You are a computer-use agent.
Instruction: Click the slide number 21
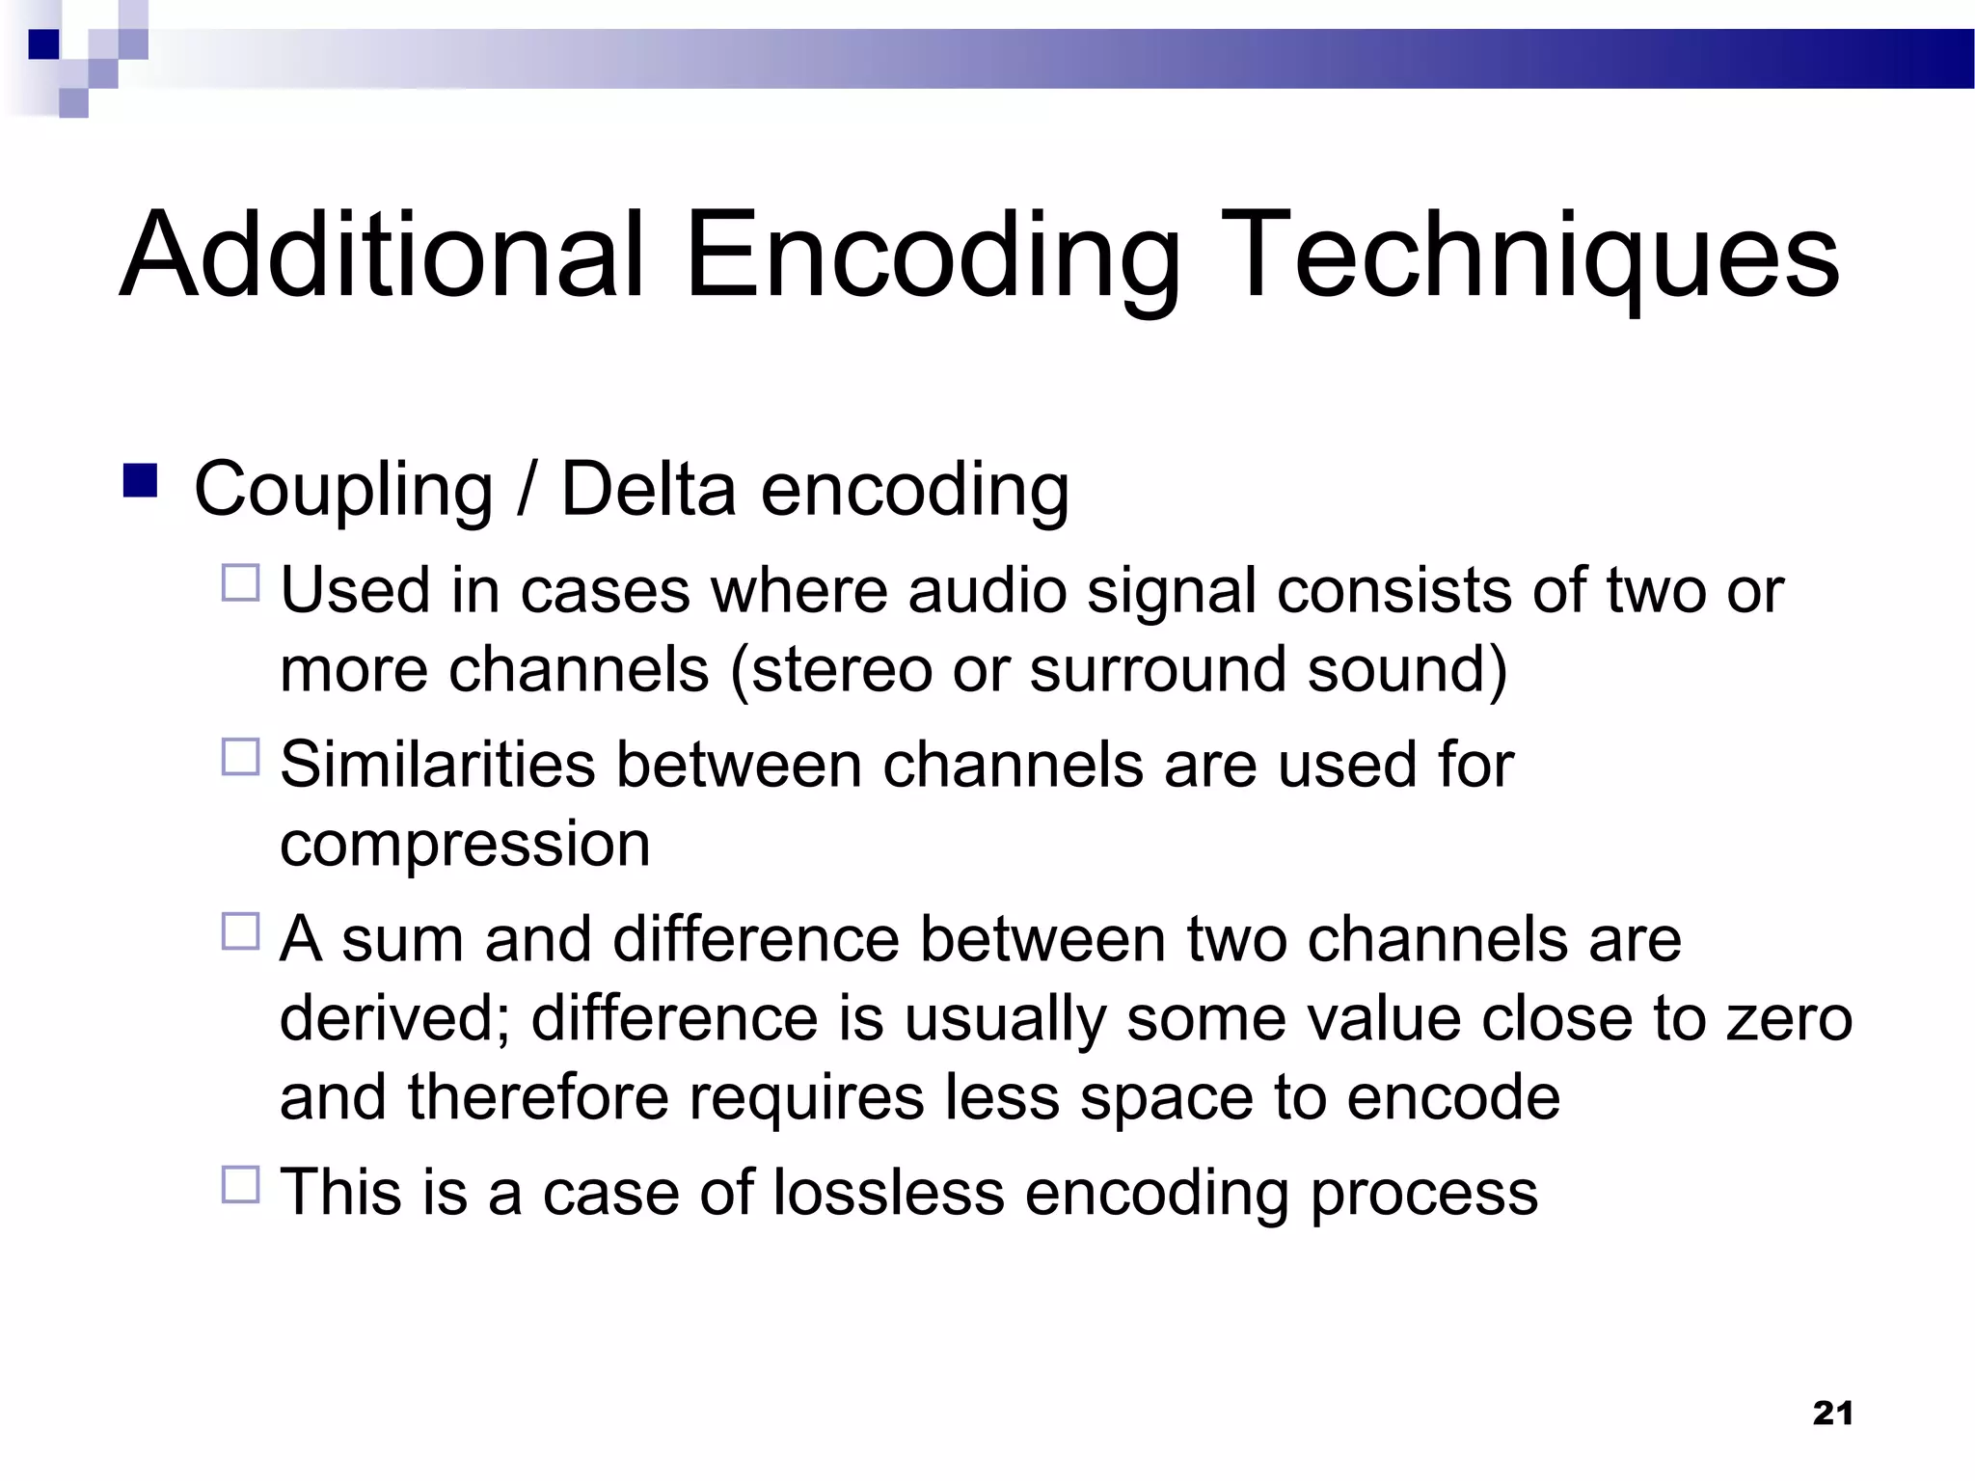pos(1832,1413)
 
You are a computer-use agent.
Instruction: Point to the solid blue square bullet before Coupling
pos(140,480)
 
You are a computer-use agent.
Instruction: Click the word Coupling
pos(342,490)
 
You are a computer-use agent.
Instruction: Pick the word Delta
pos(648,488)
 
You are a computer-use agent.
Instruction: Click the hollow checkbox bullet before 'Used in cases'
pos(240,583)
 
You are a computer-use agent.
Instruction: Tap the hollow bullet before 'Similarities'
pos(240,757)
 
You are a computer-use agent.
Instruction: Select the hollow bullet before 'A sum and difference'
pos(240,931)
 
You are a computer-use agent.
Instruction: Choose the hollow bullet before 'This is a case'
pos(240,1184)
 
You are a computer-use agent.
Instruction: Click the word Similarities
pos(438,765)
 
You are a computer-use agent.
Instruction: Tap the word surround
pos(1157,669)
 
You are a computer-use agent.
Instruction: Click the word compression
pos(465,845)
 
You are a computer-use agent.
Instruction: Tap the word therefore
pos(538,1097)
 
